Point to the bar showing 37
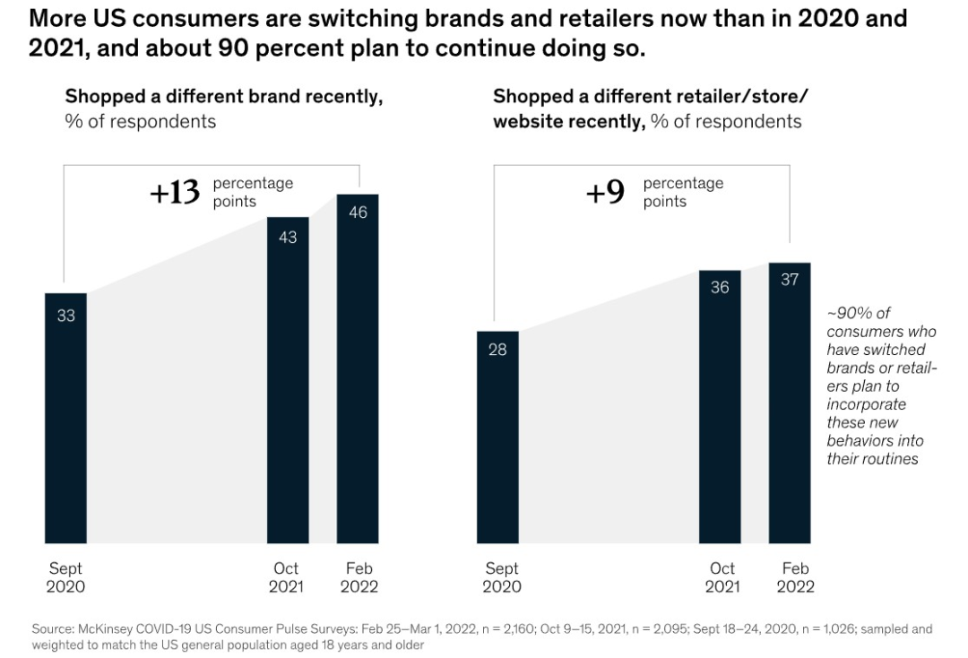click(789, 403)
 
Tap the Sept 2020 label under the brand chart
click(65, 577)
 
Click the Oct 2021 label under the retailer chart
click(722, 577)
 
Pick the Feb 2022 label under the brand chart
click(359, 577)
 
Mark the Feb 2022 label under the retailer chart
click(795, 577)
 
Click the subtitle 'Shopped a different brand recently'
click(223, 97)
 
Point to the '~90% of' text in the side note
click(857, 313)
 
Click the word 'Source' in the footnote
click(51, 629)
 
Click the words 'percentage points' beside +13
click(252, 192)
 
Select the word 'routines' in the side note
click(895, 459)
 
